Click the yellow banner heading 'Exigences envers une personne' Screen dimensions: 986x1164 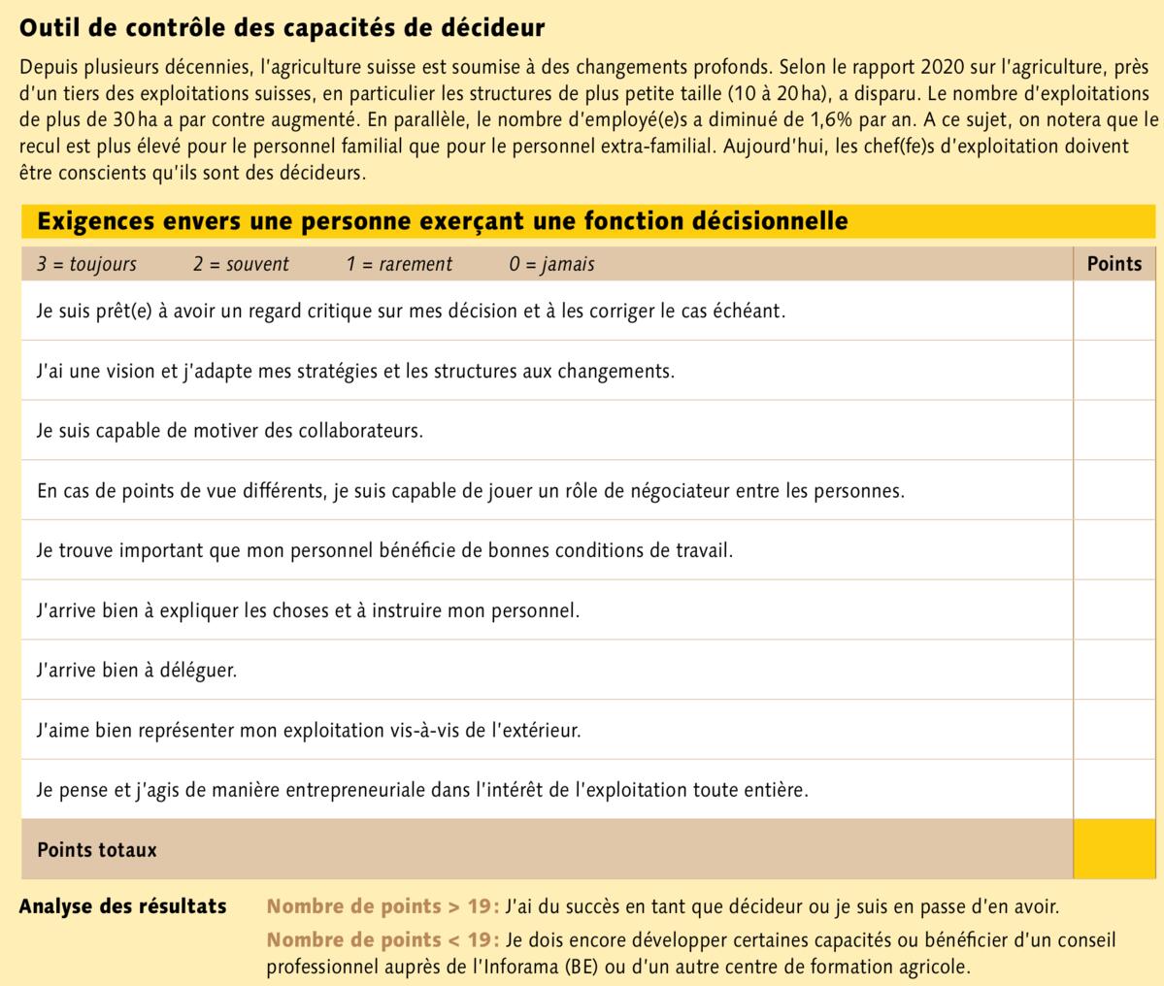(x=442, y=221)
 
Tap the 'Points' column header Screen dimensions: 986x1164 (x=1114, y=263)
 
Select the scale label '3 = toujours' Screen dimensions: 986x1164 (x=86, y=264)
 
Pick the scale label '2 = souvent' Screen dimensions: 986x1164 (x=241, y=264)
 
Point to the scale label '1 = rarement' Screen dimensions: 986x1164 (x=399, y=264)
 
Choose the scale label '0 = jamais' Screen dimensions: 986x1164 (x=551, y=264)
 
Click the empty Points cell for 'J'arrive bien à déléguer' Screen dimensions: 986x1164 (x=1114, y=670)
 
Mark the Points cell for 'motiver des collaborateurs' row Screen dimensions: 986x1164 (x=1114, y=430)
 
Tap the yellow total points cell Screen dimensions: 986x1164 (x=1114, y=849)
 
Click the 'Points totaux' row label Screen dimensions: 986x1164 (x=97, y=850)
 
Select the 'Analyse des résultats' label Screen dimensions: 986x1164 (x=122, y=906)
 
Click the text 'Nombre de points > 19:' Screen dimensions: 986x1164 (x=382, y=907)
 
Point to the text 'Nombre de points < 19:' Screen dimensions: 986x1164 (x=382, y=940)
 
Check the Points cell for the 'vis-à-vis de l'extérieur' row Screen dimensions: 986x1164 (x=1114, y=730)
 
